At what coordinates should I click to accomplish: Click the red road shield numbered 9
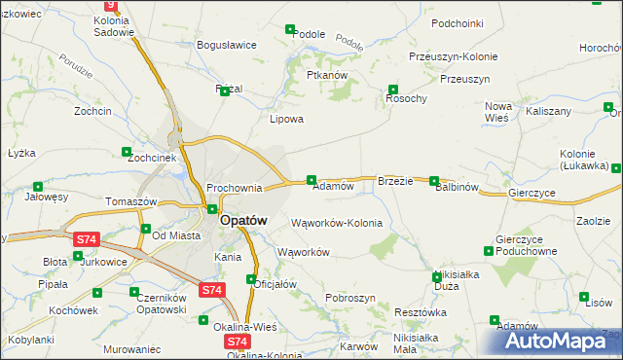[109, 5]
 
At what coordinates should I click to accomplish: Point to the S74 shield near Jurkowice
[87, 238]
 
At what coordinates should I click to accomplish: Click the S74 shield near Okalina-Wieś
[237, 342]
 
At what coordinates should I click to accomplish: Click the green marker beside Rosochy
[393, 88]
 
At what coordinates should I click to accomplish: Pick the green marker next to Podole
[290, 30]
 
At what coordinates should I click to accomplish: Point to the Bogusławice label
[226, 45]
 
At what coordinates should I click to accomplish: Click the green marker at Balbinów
[434, 181]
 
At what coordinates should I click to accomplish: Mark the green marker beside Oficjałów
[251, 280]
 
